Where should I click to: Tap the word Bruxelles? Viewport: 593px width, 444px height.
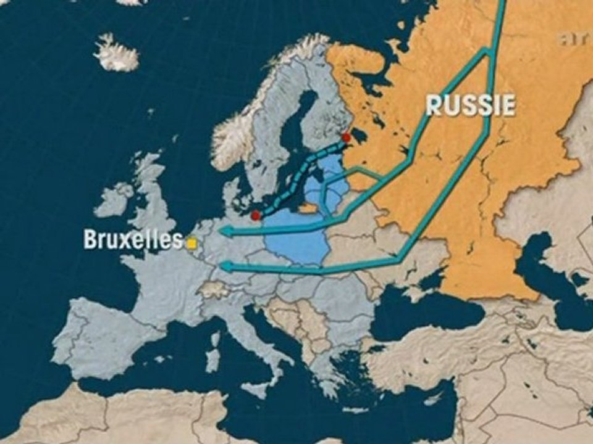click(x=133, y=240)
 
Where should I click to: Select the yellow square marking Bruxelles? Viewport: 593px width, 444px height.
click(x=192, y=244)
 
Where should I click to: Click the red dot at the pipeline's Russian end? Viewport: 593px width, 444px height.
click(x=346, y=138)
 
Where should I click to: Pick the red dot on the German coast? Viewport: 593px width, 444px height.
click(x=256, y=216)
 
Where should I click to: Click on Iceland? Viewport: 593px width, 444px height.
click(x=116, y=54)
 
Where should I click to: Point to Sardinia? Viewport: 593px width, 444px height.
click(x=212, y=360)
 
